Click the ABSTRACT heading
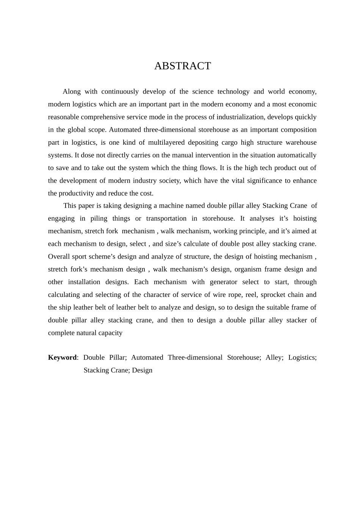(182, 66)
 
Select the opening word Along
(72, 92)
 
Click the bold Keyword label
(62, 358)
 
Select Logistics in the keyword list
(302, 358)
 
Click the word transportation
(166, 219)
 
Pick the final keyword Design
(142, 370)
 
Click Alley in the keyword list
(274, 358)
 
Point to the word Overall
(59, 257)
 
